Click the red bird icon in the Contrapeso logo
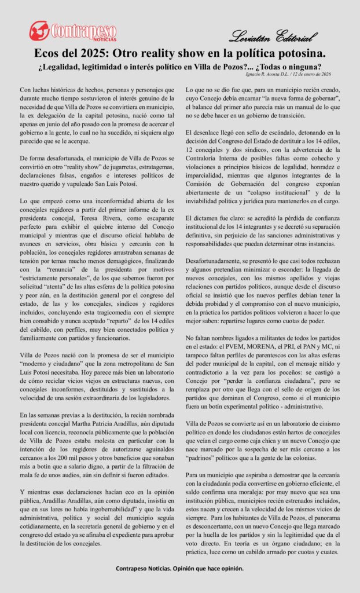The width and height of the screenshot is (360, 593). (x=39, y=30)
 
